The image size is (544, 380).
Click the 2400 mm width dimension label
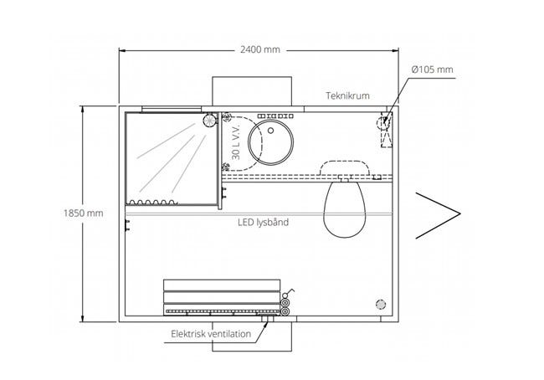[259, 49]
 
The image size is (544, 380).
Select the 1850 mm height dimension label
[83, 213]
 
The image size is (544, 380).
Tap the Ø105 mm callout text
[433, 69]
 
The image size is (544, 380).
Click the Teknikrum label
[347, 95]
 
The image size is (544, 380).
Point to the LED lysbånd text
[263, 222]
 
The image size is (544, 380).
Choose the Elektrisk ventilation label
[211, 334]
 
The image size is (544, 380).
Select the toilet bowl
[344, 208]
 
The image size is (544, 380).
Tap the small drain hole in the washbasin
[270, 131]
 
